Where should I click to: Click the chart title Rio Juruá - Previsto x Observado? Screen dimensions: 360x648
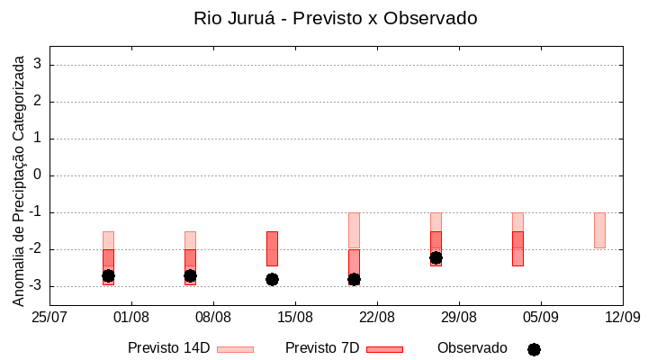point(335,18)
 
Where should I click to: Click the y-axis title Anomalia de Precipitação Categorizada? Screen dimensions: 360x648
point(18,178)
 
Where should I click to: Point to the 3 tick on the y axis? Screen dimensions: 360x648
point(38,65)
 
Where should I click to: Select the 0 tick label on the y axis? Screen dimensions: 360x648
point(38,175)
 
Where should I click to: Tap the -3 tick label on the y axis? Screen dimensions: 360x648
point(34,286)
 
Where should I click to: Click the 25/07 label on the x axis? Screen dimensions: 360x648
point(50,317)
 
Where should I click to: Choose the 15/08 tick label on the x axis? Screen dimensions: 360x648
point(295,317)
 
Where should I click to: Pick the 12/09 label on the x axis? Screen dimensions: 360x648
point(622,317)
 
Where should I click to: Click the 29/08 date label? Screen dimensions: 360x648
point(459,317)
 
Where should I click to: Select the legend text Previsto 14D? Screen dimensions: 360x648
point(169,348)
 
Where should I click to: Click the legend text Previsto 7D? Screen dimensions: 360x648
point(322,348)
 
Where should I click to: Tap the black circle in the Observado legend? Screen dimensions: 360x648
point(534,349)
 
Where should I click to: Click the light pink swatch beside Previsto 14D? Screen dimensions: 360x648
point(235,349)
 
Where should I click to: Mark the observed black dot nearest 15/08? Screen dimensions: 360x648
point(272,279)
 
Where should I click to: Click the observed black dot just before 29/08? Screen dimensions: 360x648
point(436,257)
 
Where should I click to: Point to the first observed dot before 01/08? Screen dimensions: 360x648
point(108,275)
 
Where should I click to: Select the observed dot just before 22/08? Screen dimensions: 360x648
point(354,279)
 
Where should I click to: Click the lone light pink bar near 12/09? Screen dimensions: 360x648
point(599,229)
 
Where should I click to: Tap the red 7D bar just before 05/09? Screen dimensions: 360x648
point(517,248)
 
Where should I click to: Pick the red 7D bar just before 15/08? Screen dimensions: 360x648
point(272,248)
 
